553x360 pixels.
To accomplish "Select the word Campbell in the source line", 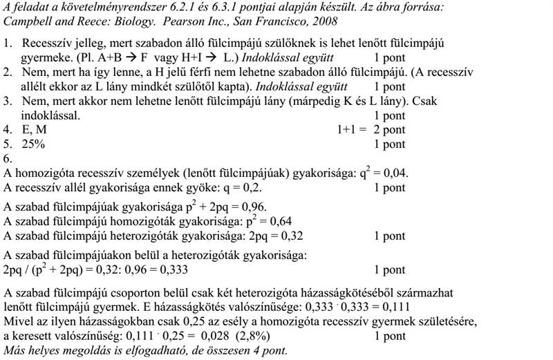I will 27,21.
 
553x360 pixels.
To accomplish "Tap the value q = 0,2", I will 241,187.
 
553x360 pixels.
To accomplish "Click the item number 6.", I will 8,159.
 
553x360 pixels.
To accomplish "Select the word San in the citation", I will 227,21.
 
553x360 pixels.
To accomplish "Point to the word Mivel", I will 18,323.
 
